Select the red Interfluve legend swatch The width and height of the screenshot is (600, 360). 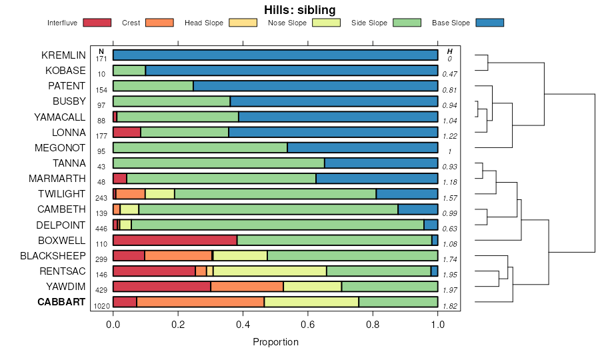[x=97, y=23]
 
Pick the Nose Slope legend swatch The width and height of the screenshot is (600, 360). [x=327, y=23]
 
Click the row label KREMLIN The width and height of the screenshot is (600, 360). [x=63, y=55]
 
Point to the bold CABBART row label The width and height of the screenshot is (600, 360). [x=61, y=302]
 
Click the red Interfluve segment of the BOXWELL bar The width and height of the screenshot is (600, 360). [x=175, y=240]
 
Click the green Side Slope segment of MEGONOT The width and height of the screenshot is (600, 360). [x=200, y=147]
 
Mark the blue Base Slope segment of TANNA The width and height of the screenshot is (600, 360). [x=381, y=163]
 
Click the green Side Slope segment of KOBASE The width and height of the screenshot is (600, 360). [x=129, y=70]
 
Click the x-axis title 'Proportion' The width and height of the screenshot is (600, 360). [x=275, y=342]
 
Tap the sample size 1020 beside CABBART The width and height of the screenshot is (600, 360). [x=101, y=307]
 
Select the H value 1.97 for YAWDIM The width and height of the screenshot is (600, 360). [x=451, y=290]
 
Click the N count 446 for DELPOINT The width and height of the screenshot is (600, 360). [x=101, y=229]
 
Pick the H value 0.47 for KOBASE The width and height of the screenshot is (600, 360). [x=451, y=74]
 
